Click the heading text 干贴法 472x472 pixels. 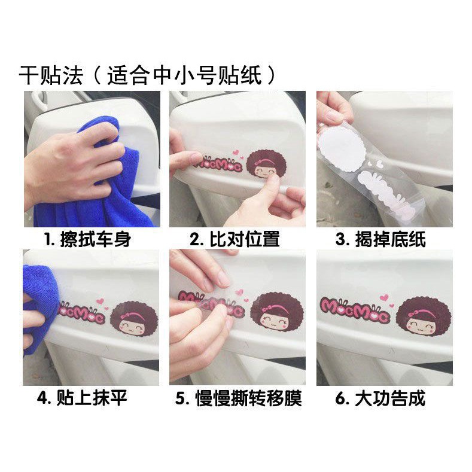click(x=50, y=76)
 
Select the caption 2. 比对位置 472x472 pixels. click(x=235, y=240)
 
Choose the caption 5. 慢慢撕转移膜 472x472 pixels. click(x=238, y=398)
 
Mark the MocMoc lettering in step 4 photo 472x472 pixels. click(x=81, y=312)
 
